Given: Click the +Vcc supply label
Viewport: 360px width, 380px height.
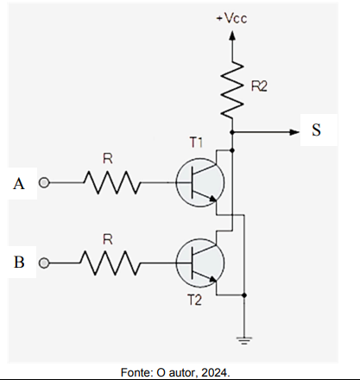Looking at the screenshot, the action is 231,18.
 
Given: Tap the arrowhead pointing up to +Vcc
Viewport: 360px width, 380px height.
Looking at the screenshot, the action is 232,35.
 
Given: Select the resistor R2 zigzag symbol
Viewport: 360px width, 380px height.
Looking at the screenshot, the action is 232,90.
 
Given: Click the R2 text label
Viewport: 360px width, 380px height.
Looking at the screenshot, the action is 259,86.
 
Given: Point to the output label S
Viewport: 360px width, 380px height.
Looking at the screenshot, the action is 316,130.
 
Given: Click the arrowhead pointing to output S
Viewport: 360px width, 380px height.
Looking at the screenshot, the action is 294,132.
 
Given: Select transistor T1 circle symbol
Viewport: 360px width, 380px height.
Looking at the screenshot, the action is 200,182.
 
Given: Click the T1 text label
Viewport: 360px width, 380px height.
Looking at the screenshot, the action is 196,142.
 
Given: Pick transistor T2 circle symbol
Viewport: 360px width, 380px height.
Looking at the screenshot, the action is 200,263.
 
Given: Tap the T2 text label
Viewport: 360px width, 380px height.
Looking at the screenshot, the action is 195,301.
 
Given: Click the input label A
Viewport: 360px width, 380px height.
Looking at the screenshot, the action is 19,184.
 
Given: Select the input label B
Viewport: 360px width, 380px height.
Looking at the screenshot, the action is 19,263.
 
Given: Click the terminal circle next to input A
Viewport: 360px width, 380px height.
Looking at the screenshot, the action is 44,182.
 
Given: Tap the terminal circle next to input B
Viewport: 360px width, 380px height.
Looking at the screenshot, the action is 44,263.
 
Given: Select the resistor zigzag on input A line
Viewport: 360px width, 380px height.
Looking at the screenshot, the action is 112,182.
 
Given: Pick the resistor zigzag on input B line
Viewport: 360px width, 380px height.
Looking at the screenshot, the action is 110,263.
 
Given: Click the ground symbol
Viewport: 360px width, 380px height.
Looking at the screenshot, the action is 243,340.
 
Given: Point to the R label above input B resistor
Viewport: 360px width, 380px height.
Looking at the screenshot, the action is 108,239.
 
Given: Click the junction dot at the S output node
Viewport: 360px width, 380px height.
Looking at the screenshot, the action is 232,132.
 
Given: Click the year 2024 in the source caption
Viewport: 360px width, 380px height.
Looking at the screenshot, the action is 214,372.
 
